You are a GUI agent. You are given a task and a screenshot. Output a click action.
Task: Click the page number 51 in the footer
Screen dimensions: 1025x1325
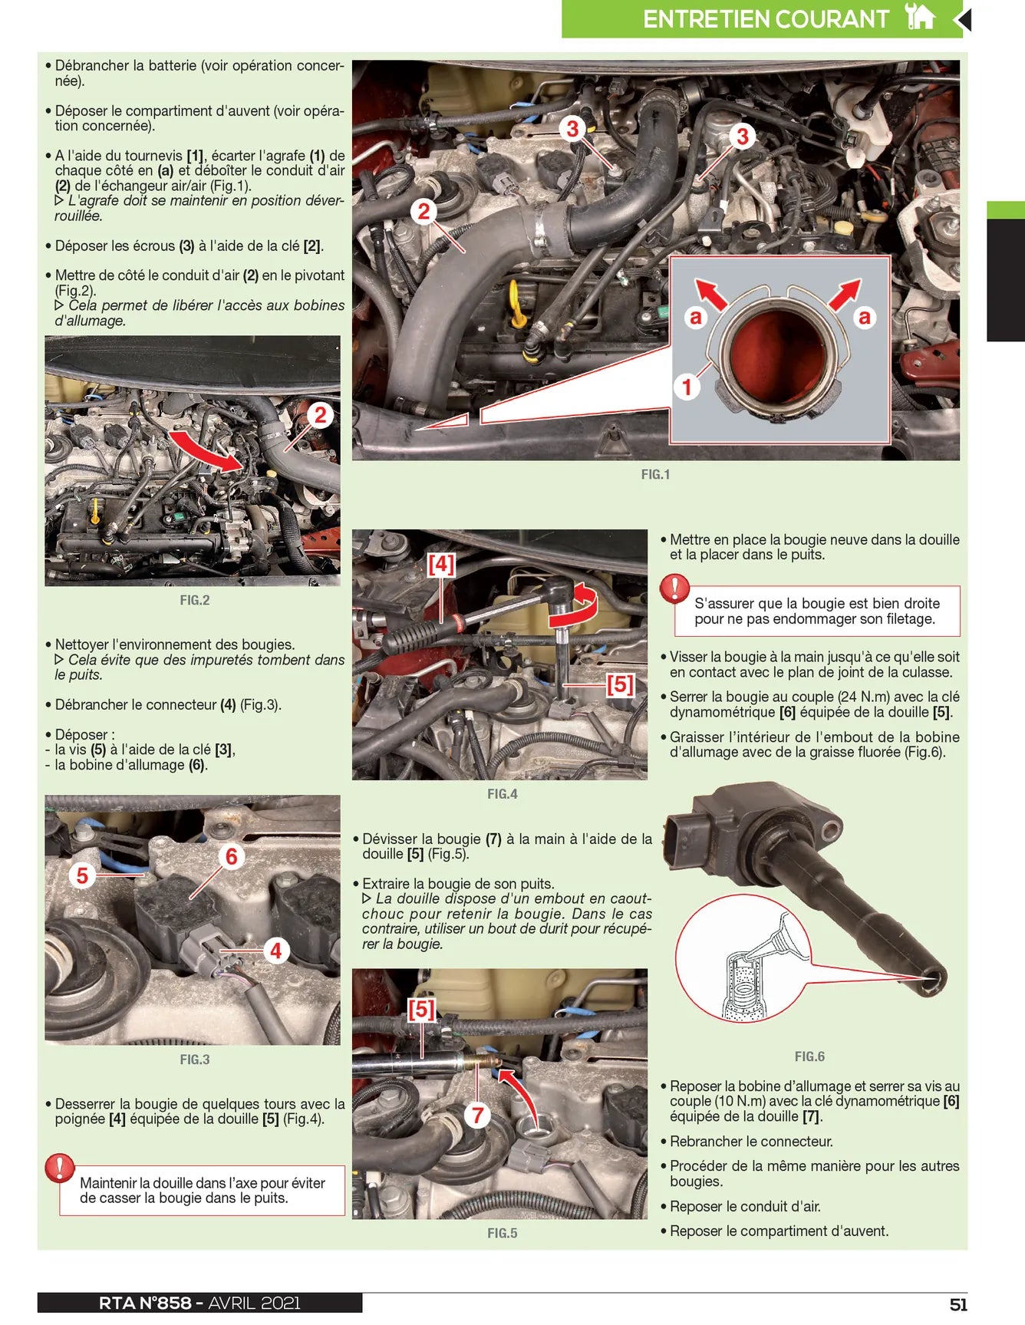click(958, 1304)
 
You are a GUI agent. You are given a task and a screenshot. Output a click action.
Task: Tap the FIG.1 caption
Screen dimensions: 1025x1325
click(655, 475)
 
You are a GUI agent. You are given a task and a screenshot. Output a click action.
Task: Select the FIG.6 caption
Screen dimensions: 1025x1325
click(809, 1056)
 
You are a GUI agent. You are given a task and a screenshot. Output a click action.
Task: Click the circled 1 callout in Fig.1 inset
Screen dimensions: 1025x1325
click(687, 386)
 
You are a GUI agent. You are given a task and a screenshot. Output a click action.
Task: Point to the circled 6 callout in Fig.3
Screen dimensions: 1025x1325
click(231, 856)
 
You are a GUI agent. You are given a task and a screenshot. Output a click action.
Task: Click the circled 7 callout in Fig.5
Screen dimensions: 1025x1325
click(477, 1114)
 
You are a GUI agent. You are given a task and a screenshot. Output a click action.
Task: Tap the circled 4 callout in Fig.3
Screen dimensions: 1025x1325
click(275, 951)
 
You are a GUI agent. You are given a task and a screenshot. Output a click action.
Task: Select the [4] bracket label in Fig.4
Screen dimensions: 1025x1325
click(441, 565)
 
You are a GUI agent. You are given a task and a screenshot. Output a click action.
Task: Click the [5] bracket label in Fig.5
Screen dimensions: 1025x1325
click(421, 1009)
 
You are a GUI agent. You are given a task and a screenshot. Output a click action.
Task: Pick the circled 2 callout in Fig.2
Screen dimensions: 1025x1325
click(320, 415)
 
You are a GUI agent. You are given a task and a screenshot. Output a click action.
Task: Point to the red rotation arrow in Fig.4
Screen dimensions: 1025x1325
click(577, 606)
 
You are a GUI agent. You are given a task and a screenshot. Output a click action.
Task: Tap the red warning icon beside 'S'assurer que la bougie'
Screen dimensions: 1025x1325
click(674, 588)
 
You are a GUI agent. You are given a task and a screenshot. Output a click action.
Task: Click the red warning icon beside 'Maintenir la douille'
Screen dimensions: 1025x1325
click(59, 1167)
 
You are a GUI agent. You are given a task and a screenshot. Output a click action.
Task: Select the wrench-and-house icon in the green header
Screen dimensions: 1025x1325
click(920, 16)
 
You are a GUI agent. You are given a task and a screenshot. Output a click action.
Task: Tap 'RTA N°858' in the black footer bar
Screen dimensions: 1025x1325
click(145, 1303)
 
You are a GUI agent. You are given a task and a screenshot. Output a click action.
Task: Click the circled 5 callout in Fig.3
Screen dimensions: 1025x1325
click(82, 875)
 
